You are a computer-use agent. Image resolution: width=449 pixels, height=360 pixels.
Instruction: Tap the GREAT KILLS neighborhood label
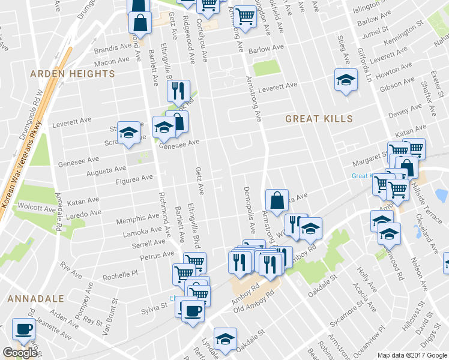(x=319, y=119)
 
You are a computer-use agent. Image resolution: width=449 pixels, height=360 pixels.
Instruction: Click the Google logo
(x=20, y=353)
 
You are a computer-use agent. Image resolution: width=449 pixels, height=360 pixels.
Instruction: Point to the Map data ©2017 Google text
(x=412, y=355)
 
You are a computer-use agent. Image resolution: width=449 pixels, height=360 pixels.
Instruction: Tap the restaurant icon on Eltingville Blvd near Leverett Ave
(x=178, y=91)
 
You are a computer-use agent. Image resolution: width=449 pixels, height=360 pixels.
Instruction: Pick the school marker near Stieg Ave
(x=346, y=80)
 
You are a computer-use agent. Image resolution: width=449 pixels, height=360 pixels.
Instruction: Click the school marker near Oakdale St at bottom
(x=226, y=340)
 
